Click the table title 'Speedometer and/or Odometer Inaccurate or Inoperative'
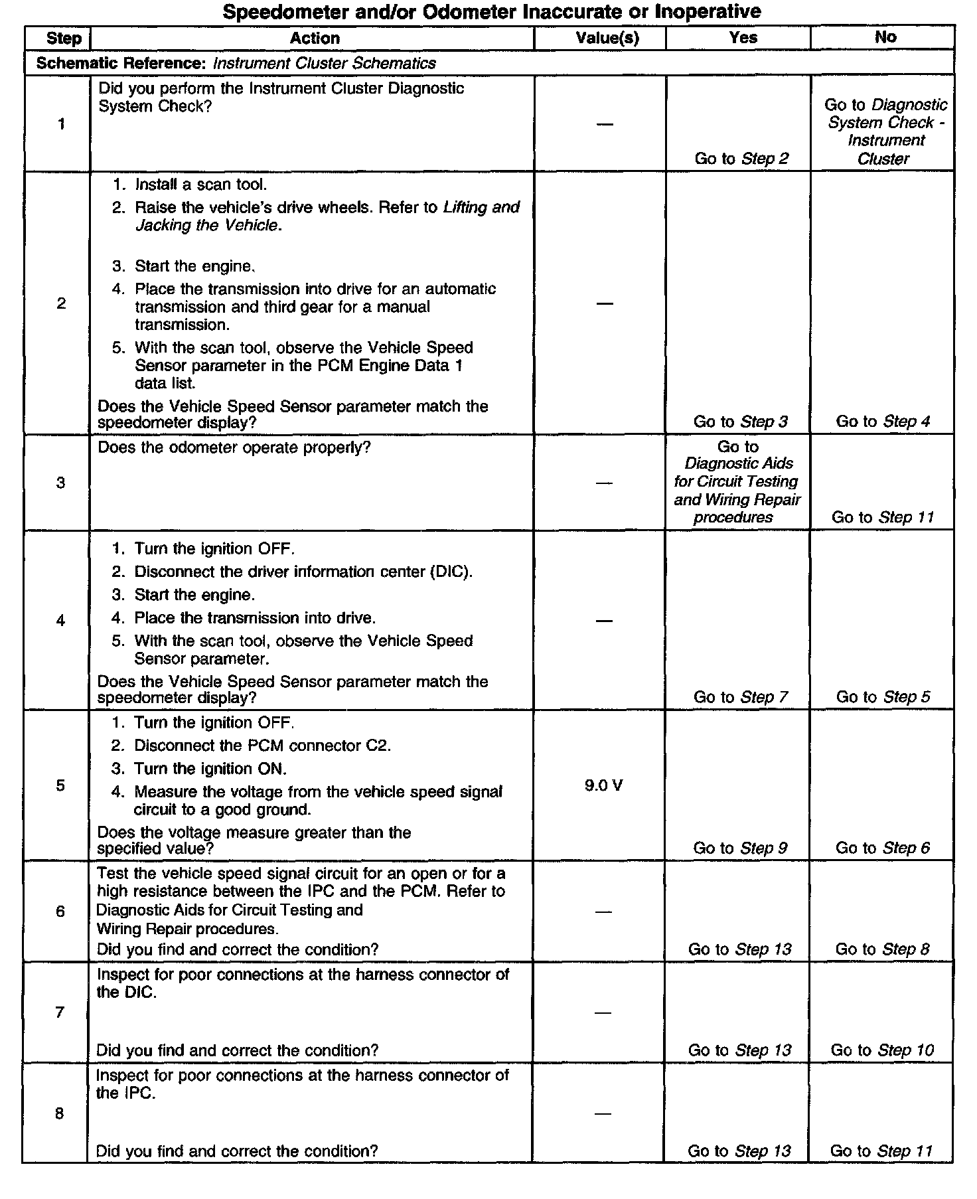click(491, 11)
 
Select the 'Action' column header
click(315, 39)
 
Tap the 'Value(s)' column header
click(607, 39)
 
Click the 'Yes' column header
click(743, 38)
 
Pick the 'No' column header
click(885, 37)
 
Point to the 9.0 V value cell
click(603, 786)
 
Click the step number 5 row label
click(60, 786)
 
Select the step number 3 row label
click(60, 483)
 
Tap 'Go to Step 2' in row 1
click(741, 159)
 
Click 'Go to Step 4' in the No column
click(883, 422)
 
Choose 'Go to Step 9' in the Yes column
click(740, 848)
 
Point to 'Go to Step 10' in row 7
click(882, 1050)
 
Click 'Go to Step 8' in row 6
click(882, 949)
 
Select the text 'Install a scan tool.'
click(200, 185)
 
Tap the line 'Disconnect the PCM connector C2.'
click(262, 746)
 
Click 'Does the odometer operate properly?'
click(234, 447)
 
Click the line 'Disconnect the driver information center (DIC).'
click(303, 572)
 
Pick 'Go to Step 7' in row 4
click(740, 697)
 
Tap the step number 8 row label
click(60, 1113)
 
